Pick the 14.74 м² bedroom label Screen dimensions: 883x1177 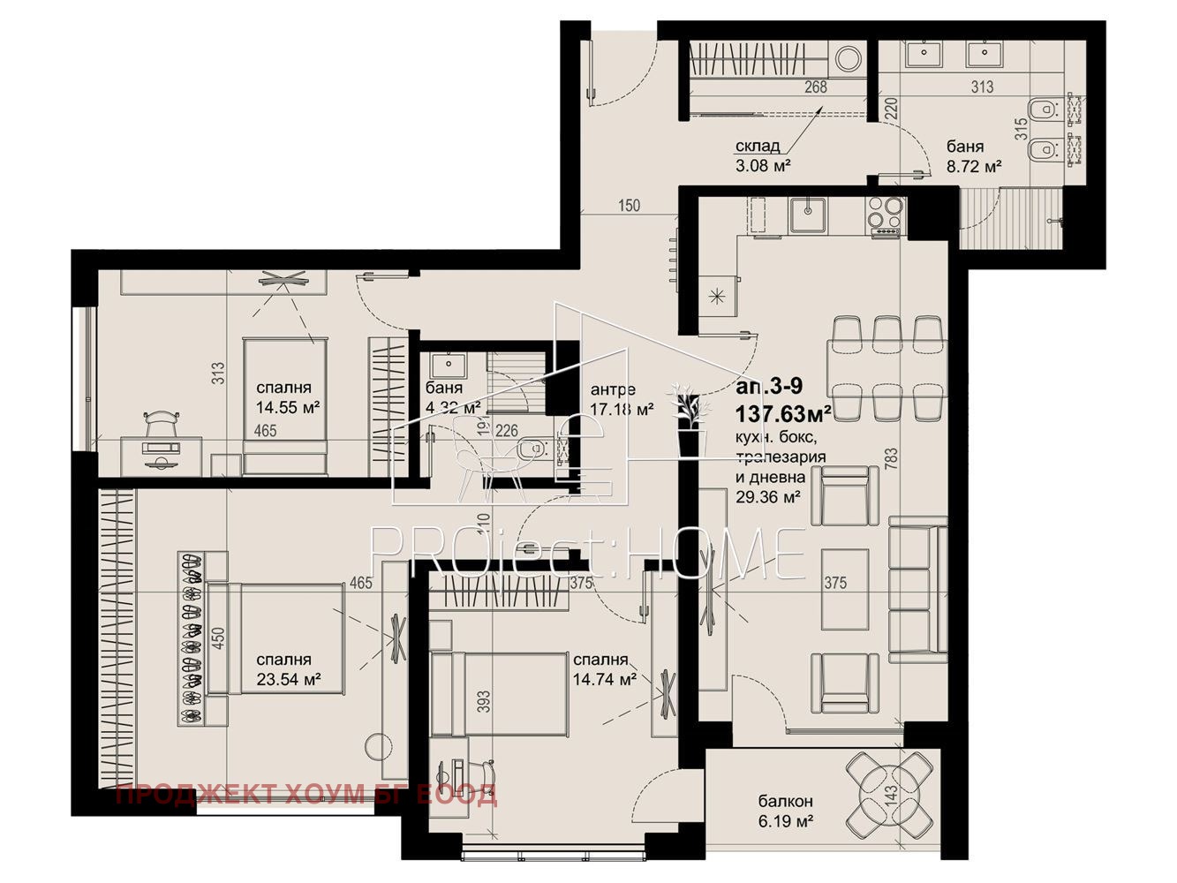tap(604, 670)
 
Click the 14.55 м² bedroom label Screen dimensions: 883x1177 tap(287, 397)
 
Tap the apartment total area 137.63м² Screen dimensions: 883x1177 tap(783, 412)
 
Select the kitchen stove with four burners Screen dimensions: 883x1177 tap(886, 215)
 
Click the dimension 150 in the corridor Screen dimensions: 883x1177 tap(629, 206)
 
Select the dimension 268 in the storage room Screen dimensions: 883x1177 tap(815, 87)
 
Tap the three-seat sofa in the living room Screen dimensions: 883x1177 tap(918, 590)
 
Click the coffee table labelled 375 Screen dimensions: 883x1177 tap(845, 589)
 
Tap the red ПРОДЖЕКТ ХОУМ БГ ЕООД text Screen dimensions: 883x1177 tap(306, 795)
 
